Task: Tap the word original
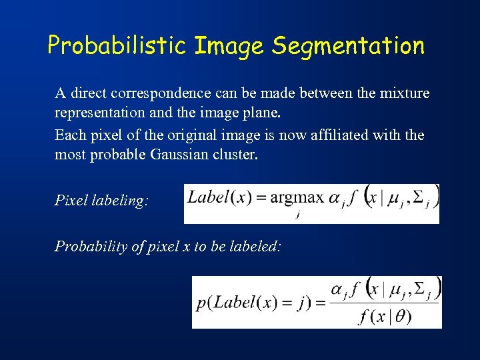[x=183, y=135]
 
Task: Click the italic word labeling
[x=121, y=201]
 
